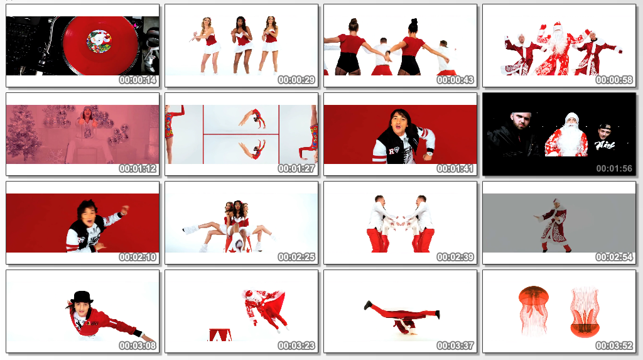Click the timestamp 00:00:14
point(138,80)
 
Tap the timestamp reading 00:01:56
point(614,169)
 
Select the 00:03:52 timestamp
point(614,346)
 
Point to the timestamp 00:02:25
point(296,258)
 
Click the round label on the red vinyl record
point(99,42)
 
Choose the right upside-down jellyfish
point(585,312)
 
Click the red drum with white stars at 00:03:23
point(220,334)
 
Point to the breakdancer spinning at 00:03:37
point(403,317)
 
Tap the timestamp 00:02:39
point(455,258)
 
